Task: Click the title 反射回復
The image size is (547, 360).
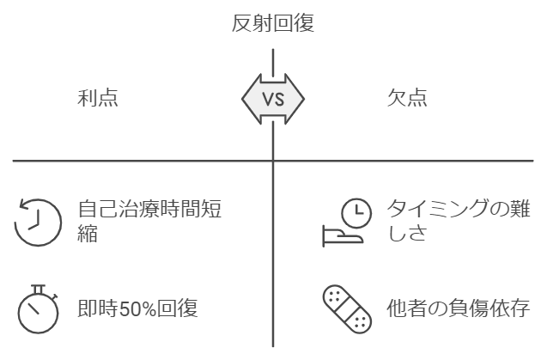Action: pyautogui.click(x=273, y=24)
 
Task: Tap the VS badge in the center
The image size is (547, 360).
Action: pyautogui.click(x=273, y=98)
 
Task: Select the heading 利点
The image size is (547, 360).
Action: pyautogui.click(x=98, y=98)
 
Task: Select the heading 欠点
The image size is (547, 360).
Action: pyautogui.click(x=407, y=98)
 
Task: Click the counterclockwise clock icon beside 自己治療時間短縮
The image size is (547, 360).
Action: pyautogui.click(x=39, y=222)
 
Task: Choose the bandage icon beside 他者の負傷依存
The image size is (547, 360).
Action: pyautogui.click(x=347, y=308)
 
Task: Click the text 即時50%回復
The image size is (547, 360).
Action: pyautogui.click(x=138, y=308)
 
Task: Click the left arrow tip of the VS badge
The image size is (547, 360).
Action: pyautogui.click(x=244, y=98)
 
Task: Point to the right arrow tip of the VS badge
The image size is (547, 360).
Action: pyautogui.click(x=302, y=98)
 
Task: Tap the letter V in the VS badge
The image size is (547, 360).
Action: pyautogui.click(x=267, y=98)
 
